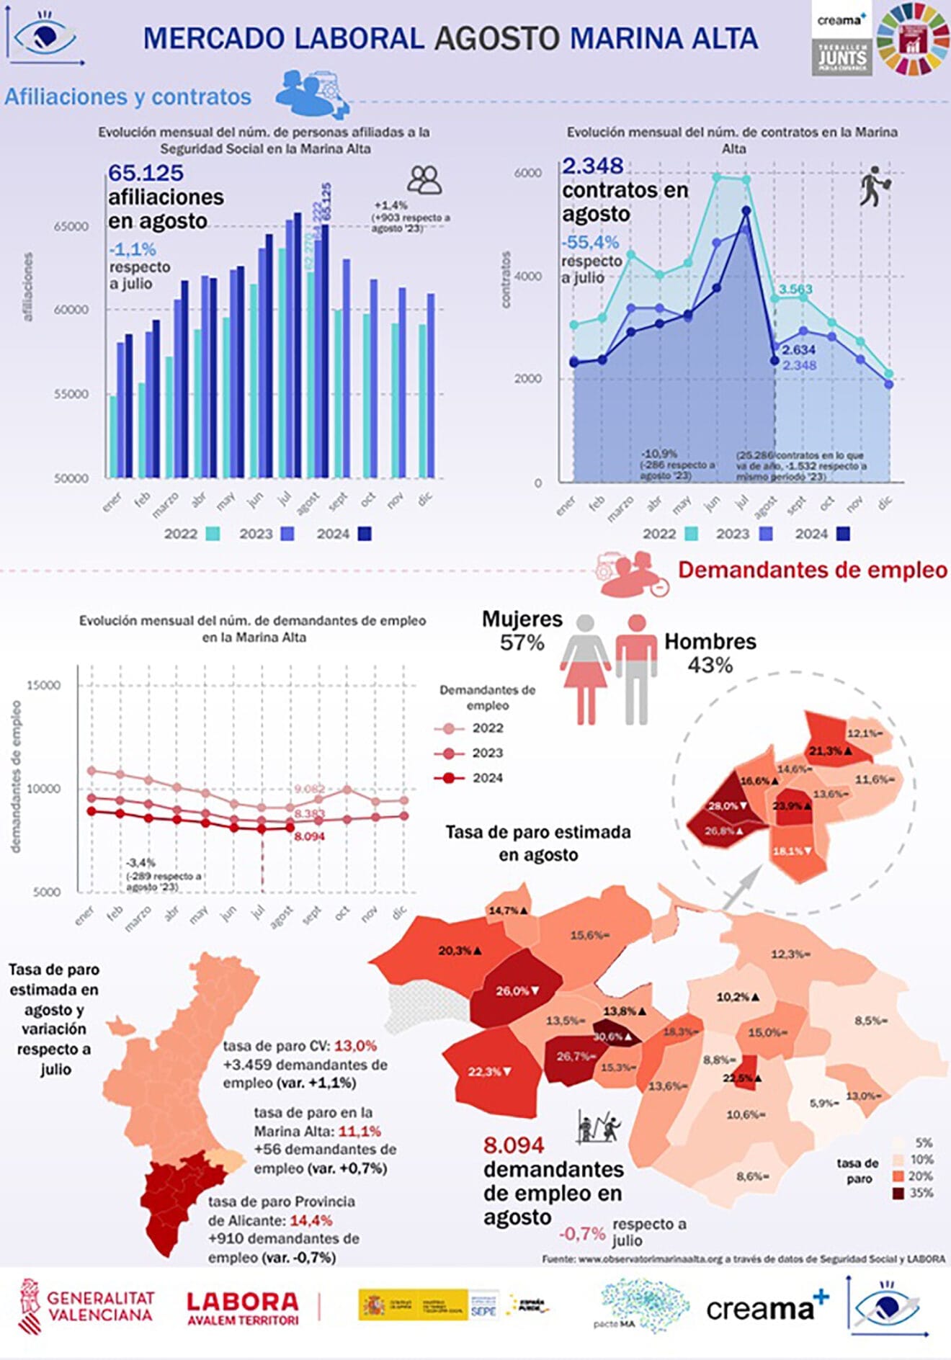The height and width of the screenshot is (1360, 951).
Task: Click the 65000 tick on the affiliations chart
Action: point(71,226)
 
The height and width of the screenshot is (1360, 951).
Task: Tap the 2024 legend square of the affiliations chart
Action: point(365,534)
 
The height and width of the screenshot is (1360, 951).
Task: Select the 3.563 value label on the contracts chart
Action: point(795,290)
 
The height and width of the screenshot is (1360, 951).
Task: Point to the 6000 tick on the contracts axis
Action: point(527,173)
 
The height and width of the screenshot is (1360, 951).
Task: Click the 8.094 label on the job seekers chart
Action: point(309,836)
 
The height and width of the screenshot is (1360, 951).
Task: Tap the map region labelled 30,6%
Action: point(615,1037)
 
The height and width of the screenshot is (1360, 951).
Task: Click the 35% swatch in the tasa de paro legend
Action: point(898,1193)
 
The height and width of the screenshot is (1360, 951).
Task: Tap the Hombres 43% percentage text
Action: point(710,665)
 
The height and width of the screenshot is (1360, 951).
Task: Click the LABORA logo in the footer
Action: point(242,1308)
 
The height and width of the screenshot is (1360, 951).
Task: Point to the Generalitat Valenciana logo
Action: point(86,1307)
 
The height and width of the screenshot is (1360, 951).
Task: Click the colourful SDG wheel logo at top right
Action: point(913,40)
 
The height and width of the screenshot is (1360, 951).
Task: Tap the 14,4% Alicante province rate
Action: point(311,1220)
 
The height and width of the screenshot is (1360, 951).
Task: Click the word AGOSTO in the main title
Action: point(497,38)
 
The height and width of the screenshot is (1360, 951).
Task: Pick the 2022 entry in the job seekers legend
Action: point(487,728)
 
